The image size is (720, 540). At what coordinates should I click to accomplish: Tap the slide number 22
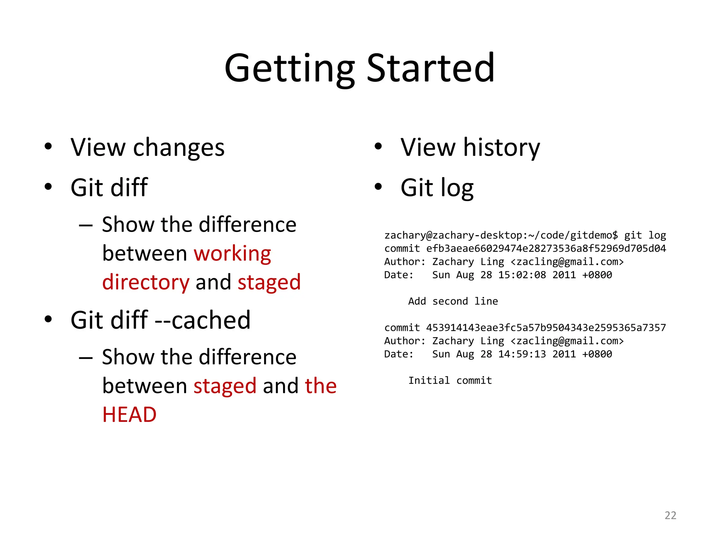670,515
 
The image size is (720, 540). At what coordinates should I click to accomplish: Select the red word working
232,254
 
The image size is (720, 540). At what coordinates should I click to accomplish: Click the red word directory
146,283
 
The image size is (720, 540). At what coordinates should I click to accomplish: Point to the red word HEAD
129,414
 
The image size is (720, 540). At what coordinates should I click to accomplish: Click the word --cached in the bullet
202,320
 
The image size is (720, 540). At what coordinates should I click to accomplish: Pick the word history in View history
501,148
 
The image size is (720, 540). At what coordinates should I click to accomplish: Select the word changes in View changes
179,148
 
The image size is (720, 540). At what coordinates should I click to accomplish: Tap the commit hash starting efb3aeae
546,249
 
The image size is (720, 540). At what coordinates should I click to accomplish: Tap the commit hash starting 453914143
546,328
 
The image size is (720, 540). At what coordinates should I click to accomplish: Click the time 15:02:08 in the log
522,275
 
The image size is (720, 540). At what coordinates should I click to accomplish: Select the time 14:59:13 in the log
522,354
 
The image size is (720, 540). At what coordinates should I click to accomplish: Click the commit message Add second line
453,301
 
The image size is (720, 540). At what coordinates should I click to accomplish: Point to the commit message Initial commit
450,380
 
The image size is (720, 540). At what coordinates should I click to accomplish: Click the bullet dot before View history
378,147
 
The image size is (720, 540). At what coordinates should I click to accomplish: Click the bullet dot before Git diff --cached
48,319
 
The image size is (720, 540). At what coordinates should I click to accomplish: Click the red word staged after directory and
269,283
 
